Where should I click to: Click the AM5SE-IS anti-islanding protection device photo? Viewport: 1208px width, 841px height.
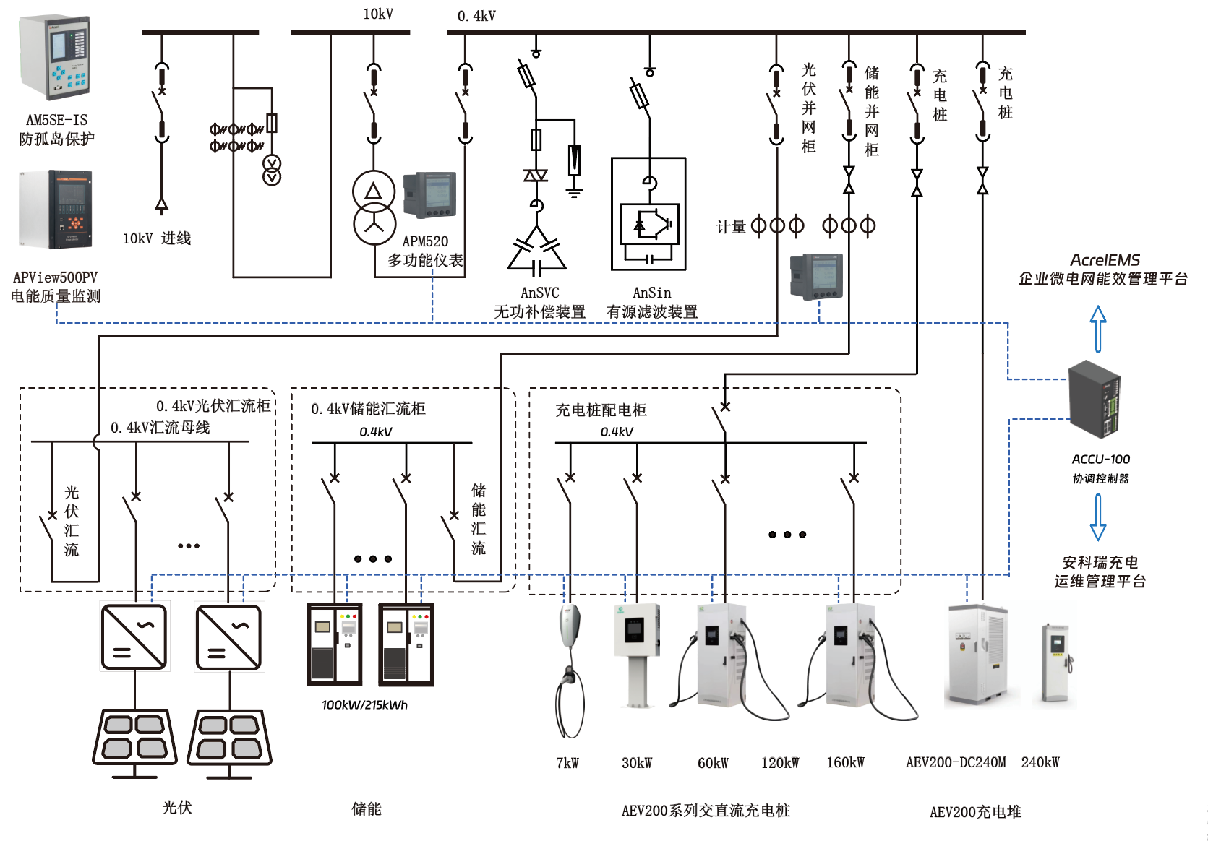[55, 58]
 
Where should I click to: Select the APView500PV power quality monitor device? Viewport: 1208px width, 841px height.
[56, 210]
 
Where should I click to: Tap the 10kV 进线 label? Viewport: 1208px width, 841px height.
[156, 238]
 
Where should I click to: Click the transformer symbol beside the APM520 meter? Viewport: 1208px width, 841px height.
[374, 207]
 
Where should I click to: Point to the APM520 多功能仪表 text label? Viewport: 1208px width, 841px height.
[425, 251]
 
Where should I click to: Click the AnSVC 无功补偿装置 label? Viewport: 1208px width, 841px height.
[539, 303]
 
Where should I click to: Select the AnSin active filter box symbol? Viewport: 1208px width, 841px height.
[648, 214]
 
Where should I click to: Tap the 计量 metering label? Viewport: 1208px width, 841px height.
[730, 227]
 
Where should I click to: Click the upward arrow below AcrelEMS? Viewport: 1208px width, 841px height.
[1098, 329]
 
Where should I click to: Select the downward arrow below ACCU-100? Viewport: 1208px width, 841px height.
[1098, 517]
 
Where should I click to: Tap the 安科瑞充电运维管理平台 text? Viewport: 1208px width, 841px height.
[1100, 572]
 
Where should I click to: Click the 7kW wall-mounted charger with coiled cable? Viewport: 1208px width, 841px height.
[570, 668]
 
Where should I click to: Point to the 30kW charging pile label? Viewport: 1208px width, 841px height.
[637, 763]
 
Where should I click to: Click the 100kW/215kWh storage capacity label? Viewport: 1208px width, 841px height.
[364, 705]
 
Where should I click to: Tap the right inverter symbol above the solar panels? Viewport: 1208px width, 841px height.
[228, 637]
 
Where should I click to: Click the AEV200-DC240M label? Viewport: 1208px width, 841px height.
[956, 762]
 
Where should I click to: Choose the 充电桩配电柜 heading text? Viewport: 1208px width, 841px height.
[601, 410]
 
